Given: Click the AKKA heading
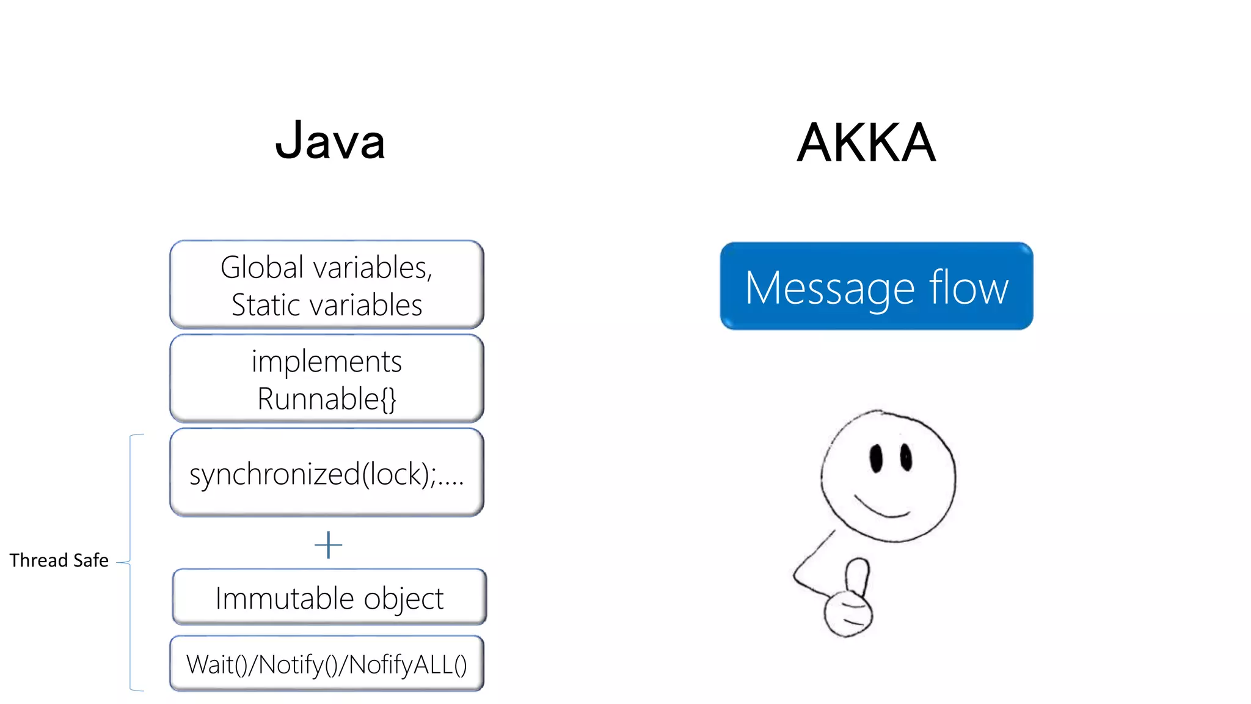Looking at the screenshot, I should click(x=866, y=143).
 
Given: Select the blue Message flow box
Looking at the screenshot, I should click(x=876, y=286).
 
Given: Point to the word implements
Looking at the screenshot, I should click(x=327, y=361).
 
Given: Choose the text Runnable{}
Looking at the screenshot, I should click(x=327, y=399).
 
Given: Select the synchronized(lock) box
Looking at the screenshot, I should click(x=327, y=473).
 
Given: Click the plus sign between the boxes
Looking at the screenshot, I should click(x=328, y=544).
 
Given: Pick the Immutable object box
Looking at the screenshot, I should click(x=329, y=597).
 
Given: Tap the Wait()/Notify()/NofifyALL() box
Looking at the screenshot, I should click(x=327, y=664).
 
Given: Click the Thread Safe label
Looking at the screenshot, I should click(x=59, y=560).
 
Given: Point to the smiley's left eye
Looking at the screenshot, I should click(x=877, y=459).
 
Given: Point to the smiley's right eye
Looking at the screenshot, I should click(x=906, y=457).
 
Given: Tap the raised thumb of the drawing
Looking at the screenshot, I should click(x=856, y=574).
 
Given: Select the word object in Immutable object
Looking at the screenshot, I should click(x=403, y=598).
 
